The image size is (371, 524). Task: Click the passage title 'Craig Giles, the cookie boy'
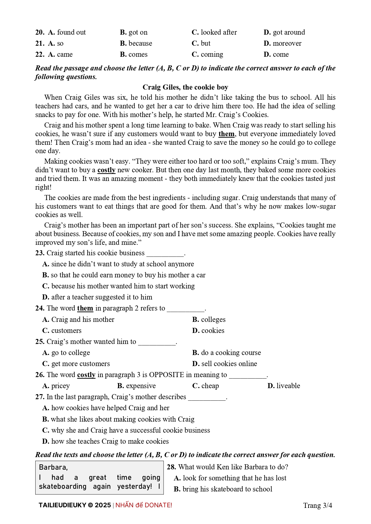(185, 87)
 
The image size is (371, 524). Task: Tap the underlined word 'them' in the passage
(226, 134)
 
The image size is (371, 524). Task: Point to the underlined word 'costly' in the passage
(106, 170)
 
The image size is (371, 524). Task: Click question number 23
(40, 253)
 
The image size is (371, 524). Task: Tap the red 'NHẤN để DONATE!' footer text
(144, 505)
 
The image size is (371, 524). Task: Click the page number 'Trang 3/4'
(317, 505)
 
